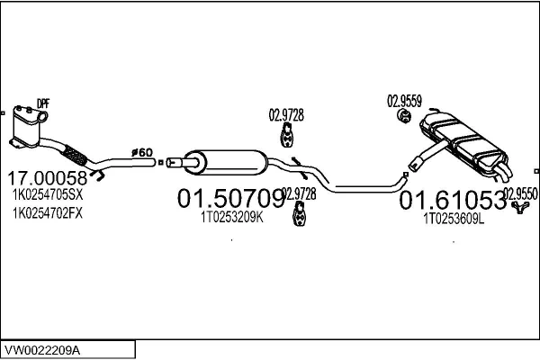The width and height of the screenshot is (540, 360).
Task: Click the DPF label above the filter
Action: (x=42, y=103)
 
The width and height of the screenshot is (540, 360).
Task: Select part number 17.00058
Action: (x=48, y=178)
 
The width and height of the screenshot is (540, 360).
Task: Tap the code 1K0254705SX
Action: (x=48, y=196)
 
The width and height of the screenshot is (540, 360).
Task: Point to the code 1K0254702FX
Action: (x=48, y=213)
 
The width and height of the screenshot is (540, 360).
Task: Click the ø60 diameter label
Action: (x=142, y=153)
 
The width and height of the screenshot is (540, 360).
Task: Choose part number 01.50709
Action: (x=230, y=198)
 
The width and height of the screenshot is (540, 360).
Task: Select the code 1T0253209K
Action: (x=231, y=217)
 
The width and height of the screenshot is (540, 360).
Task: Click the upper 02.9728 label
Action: (x=286, y=113)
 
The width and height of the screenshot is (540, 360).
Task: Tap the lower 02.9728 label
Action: (x=301, y=193)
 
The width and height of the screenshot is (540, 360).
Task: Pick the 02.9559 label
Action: (x=404, y=100)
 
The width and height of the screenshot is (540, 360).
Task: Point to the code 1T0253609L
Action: (x=454, y=217)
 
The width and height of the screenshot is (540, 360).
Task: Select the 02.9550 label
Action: (x=520, y=193)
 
